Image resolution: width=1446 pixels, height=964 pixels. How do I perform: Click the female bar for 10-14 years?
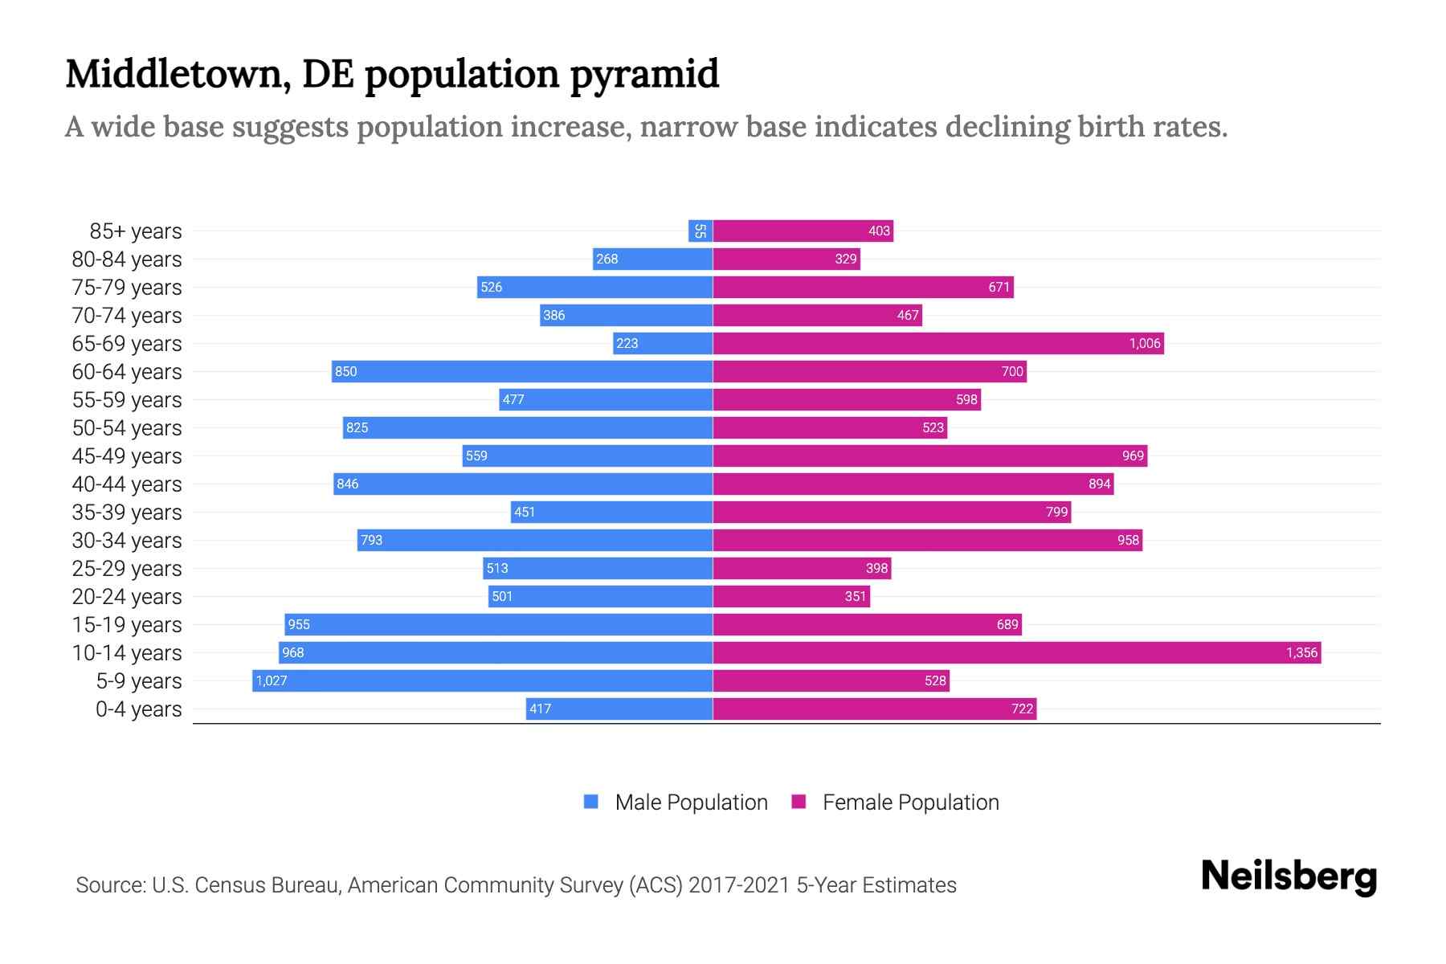coord(1016,652)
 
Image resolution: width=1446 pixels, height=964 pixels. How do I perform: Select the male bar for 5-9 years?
coord(482,680)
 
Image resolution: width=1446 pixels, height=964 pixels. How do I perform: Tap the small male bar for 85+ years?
coord(701,231)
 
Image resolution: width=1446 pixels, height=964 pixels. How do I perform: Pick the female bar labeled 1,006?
coord(938,343)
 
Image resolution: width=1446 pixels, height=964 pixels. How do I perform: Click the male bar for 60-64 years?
coord(522,371)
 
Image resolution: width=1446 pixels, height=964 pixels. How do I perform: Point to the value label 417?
coord(541,709)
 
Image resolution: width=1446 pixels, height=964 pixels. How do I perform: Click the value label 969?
coord(1133,455)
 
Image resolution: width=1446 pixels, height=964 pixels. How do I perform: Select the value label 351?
coord(856,596)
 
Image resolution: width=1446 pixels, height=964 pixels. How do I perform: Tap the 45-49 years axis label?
coord(127,455)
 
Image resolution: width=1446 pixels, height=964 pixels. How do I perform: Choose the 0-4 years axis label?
coord(138,709)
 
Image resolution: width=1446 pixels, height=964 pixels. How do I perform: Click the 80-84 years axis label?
coord(127,259)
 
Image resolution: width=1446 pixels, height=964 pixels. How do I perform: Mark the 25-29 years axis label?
coord(127,568)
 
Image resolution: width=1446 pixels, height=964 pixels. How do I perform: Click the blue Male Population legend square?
coord(591,802)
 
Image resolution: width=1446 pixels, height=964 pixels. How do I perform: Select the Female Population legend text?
coord(910,802)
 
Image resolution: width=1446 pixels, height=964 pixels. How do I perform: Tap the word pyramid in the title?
coord(644,74)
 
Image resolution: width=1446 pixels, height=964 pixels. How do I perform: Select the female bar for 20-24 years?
coord(791,596)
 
